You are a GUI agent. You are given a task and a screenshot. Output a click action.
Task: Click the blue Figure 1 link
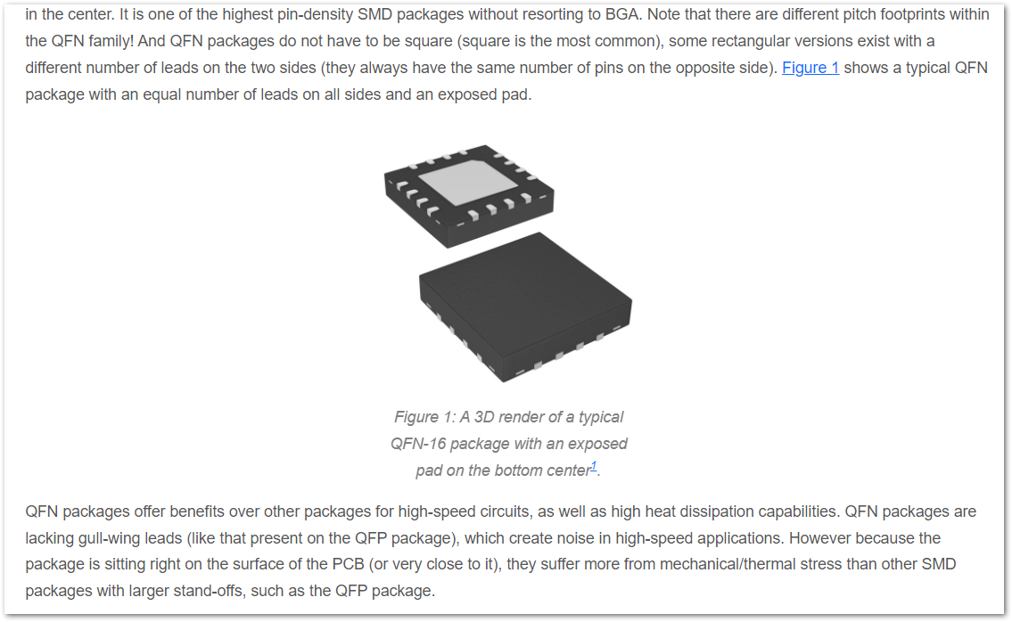(x=810, y=68)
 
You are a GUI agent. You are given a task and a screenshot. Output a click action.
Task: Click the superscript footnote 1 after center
(x=594, y=466)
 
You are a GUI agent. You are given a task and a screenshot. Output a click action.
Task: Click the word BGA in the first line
(x=621, y=14)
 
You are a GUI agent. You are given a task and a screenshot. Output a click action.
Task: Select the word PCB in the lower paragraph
(x=349, y=565)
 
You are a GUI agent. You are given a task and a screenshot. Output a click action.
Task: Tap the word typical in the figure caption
(x=601, y=417)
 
